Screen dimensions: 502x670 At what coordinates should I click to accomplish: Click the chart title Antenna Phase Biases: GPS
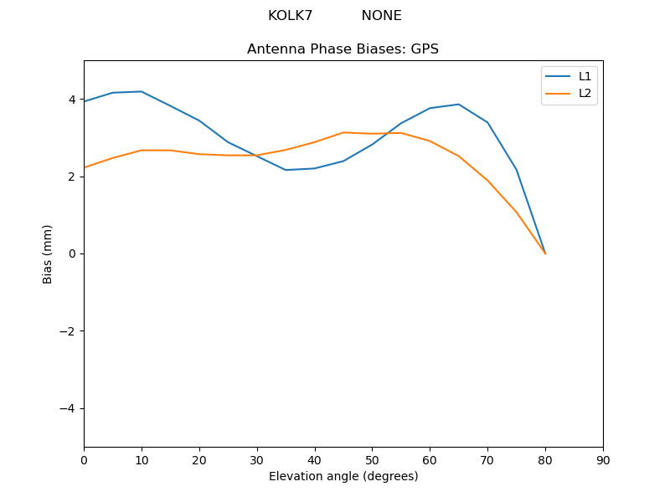(343, 49)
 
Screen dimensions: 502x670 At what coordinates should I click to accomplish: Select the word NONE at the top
(381, 16)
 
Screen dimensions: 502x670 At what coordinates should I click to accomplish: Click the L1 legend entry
(585, 76)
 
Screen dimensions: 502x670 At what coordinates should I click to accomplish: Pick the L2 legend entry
(585, 93)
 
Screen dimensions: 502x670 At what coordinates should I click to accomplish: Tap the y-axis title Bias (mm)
(48, 254)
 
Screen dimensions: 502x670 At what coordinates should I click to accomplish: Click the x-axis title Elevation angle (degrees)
(343, 476)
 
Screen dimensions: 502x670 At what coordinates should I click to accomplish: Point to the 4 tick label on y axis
(72, 100)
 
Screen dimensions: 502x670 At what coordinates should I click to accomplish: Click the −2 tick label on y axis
(68, 330)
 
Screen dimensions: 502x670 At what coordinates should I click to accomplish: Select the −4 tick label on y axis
(68, 408)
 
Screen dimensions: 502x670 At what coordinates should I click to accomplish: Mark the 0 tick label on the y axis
(72, 254)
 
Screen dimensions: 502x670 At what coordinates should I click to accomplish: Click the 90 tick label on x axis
(603, 459)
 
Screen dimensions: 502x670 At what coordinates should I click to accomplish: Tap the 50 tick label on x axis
(372, 459)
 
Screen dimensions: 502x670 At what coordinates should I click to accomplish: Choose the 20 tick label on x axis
(199, 459)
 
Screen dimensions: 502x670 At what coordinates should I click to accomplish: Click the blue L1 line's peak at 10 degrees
(142, 91)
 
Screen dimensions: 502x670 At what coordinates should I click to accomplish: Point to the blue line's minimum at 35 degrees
(286, 170)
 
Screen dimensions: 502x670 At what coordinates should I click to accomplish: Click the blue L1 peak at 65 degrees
(459, 105)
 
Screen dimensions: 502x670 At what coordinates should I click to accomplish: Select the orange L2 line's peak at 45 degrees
(343, 132)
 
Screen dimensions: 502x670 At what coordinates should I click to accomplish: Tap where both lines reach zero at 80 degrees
(545, 254)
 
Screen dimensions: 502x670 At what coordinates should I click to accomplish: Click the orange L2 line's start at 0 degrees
(85, 167)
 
